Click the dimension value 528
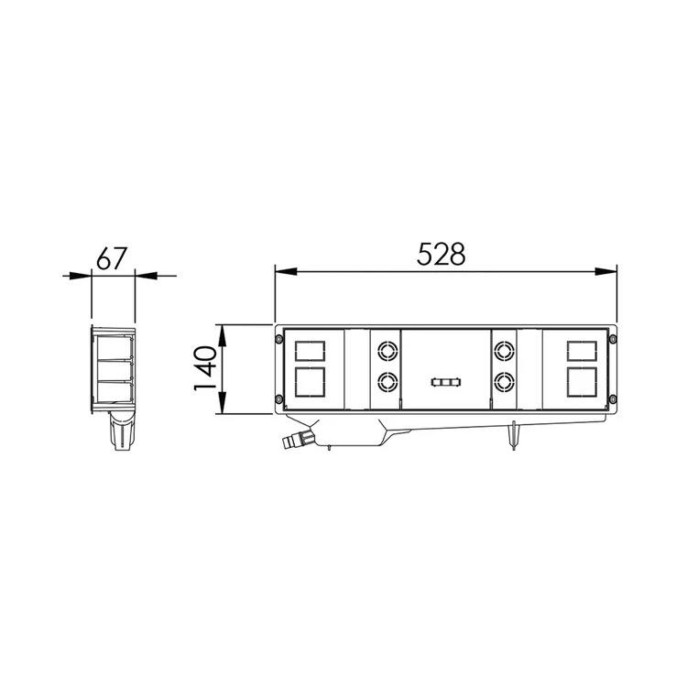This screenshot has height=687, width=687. tap(441, 254)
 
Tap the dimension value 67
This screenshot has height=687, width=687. tap(112, 258)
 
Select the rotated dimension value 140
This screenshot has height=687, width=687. tap(205, 368)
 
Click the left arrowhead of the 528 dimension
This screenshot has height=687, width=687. tap(286, 272)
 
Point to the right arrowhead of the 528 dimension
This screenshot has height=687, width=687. tap(605, 272)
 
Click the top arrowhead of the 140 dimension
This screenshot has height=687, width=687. tap(223, 335)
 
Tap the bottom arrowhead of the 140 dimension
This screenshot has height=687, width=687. tap(223, 403)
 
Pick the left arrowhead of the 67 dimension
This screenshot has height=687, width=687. tap(81, 276)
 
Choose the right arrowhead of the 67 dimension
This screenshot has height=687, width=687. tap(146, 276)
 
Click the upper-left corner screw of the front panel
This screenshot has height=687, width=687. tap(278, 339)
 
